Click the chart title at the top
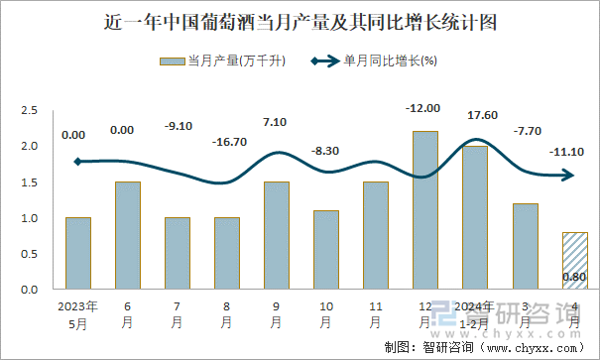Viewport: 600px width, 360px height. click(300, 21)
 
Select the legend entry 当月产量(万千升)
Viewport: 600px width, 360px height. click(223, 61)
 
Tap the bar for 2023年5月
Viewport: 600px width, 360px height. click(78, 253)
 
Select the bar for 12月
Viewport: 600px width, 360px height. click(425, 210)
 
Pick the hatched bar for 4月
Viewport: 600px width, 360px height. click(574, 260)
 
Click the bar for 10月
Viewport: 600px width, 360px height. click(326, 249)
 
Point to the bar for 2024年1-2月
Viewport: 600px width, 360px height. click(475, 217)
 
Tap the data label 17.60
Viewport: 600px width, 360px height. click(475, 115)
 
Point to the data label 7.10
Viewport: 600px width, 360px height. click(277, 122)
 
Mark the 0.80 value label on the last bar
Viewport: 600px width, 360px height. click(574, 277)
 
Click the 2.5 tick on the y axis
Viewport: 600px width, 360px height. click(30, 110)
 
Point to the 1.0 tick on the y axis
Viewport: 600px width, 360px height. click(30, 218)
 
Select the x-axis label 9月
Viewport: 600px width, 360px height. click(277, 314)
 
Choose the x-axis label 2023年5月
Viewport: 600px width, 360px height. click(78, 314)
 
